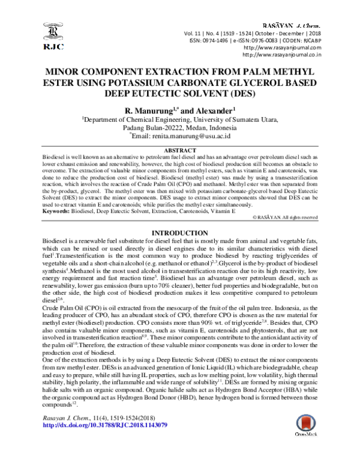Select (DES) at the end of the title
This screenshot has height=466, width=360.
click(x=243, y=93)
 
